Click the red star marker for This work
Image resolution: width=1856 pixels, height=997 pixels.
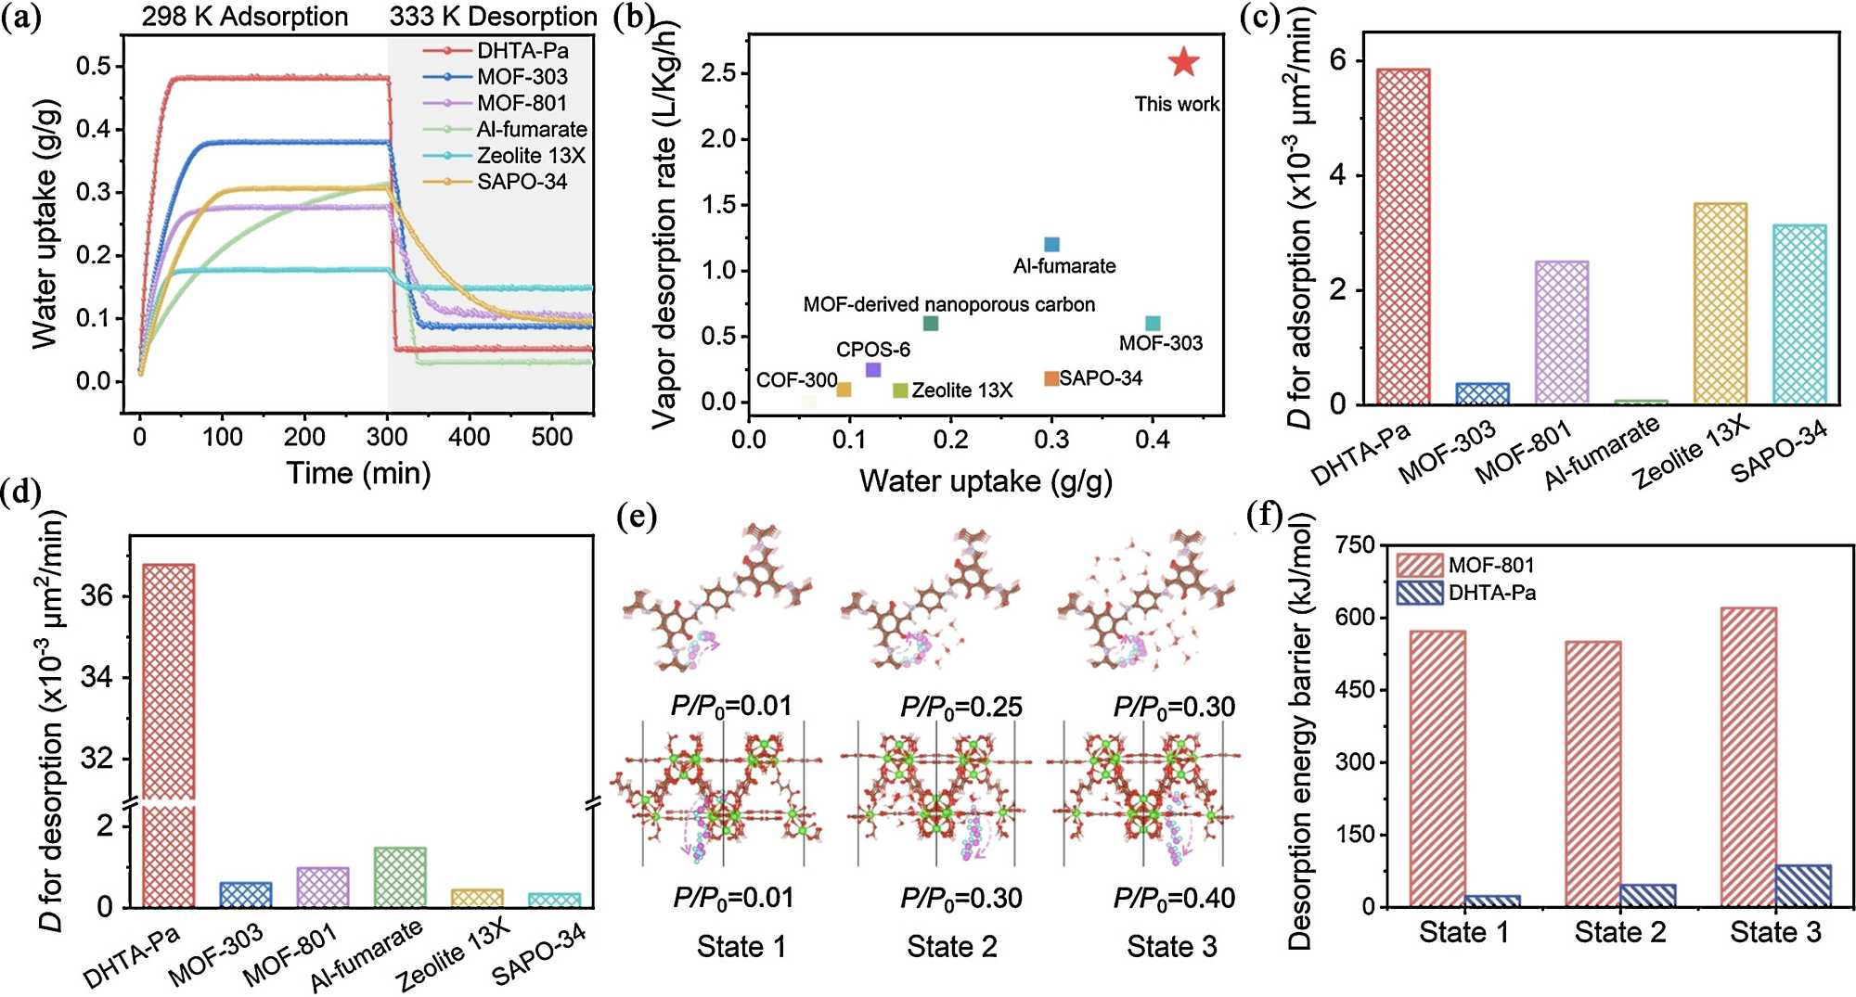click(1183, 62)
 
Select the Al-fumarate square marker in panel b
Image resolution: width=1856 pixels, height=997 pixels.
click(1051, 245)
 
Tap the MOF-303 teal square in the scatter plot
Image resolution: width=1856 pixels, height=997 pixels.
click(1153, 323)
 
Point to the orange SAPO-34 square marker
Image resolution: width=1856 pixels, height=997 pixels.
click(1051, 378)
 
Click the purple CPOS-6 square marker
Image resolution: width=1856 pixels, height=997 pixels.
click(873, 370)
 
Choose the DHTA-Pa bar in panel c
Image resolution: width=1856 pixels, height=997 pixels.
click(1403, 236)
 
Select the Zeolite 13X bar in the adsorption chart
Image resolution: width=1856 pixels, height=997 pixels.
click(1721, 303)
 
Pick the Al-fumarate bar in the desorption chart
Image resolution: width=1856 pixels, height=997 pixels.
click(400, 876)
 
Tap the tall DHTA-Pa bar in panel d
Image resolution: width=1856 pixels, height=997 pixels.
click(169, 733)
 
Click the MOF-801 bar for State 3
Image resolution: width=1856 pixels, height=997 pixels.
click(1748, 757)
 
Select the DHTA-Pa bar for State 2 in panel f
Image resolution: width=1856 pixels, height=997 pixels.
click(1648, 895)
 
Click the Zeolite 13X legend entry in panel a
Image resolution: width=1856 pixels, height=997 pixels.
click(531, 156)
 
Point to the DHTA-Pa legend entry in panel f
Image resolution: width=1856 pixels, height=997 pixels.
click(1492, 593)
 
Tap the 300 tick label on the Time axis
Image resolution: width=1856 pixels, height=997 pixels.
click(387, 437)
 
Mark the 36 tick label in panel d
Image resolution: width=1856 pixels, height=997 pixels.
click(97, 595)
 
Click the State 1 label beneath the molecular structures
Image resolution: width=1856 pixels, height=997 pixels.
click(741, 947)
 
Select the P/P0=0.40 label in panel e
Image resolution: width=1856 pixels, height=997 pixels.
click(1175, 898)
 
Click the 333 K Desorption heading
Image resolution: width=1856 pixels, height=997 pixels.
click(493, 17)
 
